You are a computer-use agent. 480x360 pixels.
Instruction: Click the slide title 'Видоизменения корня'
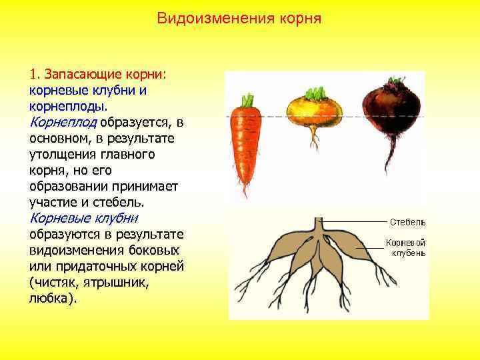239,18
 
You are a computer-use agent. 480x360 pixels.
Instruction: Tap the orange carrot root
243,143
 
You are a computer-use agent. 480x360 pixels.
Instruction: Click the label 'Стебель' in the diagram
407,221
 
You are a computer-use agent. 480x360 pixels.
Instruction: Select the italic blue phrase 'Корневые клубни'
83,218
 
